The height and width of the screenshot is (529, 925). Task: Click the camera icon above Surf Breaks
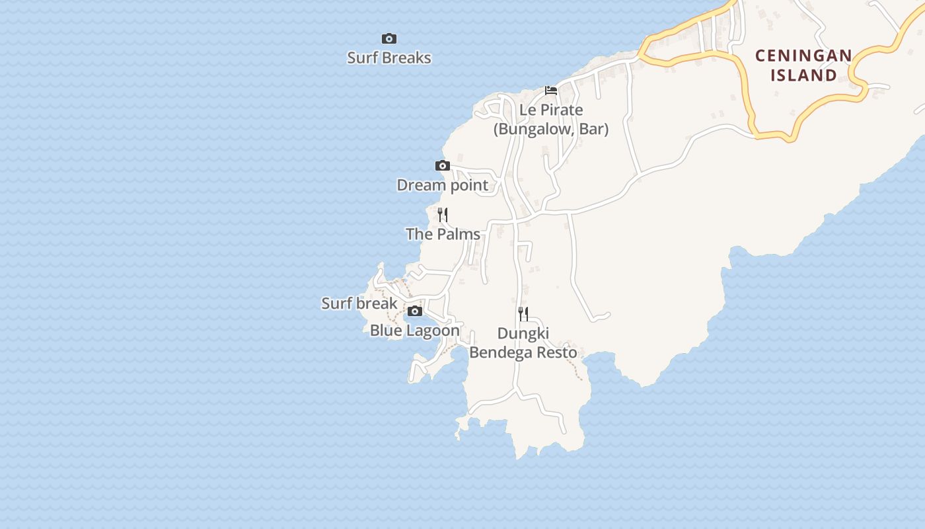click(x=389, y=39)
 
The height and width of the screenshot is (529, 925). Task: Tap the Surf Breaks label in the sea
click(x=389, y=58)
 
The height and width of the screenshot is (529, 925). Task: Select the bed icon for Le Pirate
click(x=551, y=91)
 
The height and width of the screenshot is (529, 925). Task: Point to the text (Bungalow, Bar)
click(x=551, y=129)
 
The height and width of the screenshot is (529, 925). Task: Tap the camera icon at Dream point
click(x=443, y=166)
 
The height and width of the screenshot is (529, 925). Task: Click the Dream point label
click(x=443, y=185)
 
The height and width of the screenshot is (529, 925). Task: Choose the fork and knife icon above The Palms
click(x=443, y=215)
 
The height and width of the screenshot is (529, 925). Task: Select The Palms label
click(x=443, y=234)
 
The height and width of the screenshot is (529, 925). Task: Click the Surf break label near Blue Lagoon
click(x=359, y=304)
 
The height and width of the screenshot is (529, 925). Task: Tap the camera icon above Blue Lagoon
click(x=415, y=311)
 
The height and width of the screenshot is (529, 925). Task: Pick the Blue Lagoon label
click(x=415, y=331)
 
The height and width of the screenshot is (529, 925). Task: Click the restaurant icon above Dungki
click(x=523, y=314)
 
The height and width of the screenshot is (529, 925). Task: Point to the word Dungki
click(x=523, y=333)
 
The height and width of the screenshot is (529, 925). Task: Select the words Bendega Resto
click(x=523, y=352)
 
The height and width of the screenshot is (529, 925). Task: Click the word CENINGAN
click(x=803, y=56)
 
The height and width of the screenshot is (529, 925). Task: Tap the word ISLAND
click(x=803, y=75)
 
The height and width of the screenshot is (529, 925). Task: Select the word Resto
click(x=557, y=352)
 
